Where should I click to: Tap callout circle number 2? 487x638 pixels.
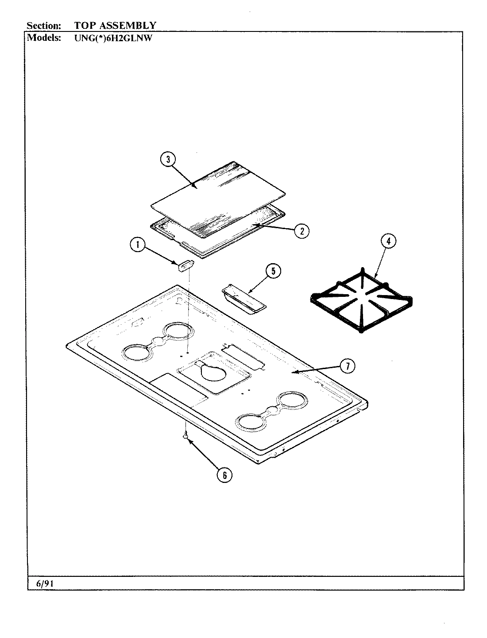(301, 230)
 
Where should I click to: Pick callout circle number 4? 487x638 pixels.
(388, 242)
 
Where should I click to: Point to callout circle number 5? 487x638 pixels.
(273, 271)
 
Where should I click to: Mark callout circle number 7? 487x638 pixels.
(348, 366)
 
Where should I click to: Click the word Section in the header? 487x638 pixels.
(43, 25)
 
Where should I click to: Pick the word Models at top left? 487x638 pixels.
(44, 38)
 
